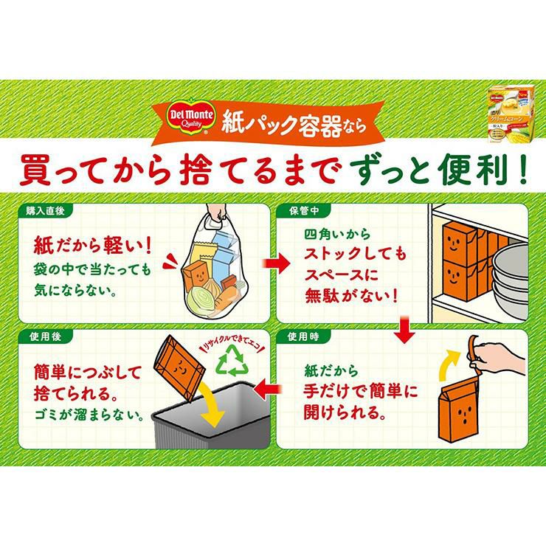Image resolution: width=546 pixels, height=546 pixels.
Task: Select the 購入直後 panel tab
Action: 46,209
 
